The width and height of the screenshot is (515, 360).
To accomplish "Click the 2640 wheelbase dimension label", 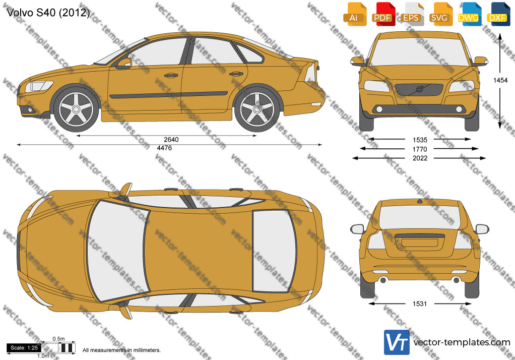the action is (171, 139).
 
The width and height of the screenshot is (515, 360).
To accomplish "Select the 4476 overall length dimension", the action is (164, 148).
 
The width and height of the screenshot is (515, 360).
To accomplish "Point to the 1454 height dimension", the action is (500, 80).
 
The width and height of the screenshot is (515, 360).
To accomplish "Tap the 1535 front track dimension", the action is (420, 140).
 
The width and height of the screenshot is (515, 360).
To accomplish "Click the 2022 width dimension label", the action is (420, 158).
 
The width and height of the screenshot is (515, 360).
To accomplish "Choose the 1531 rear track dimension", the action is (420, 304).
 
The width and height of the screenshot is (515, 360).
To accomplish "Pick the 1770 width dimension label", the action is (420, 149).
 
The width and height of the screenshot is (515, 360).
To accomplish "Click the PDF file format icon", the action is (382, 14).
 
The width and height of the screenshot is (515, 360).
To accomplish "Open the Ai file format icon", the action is (354, 14).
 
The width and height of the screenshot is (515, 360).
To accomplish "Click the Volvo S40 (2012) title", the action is (48, 13).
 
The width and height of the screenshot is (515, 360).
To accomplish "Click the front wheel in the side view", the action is (76, 109).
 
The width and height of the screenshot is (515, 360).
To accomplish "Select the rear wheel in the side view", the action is (257, 109).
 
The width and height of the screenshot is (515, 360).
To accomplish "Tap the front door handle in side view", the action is (171, 76).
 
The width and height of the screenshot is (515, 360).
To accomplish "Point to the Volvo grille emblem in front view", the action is (419, 89).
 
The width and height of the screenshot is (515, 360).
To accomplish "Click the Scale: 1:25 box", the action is (24, 348).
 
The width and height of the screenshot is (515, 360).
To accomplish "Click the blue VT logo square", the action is (397, 342).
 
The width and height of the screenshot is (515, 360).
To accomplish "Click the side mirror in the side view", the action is (124, 63).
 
